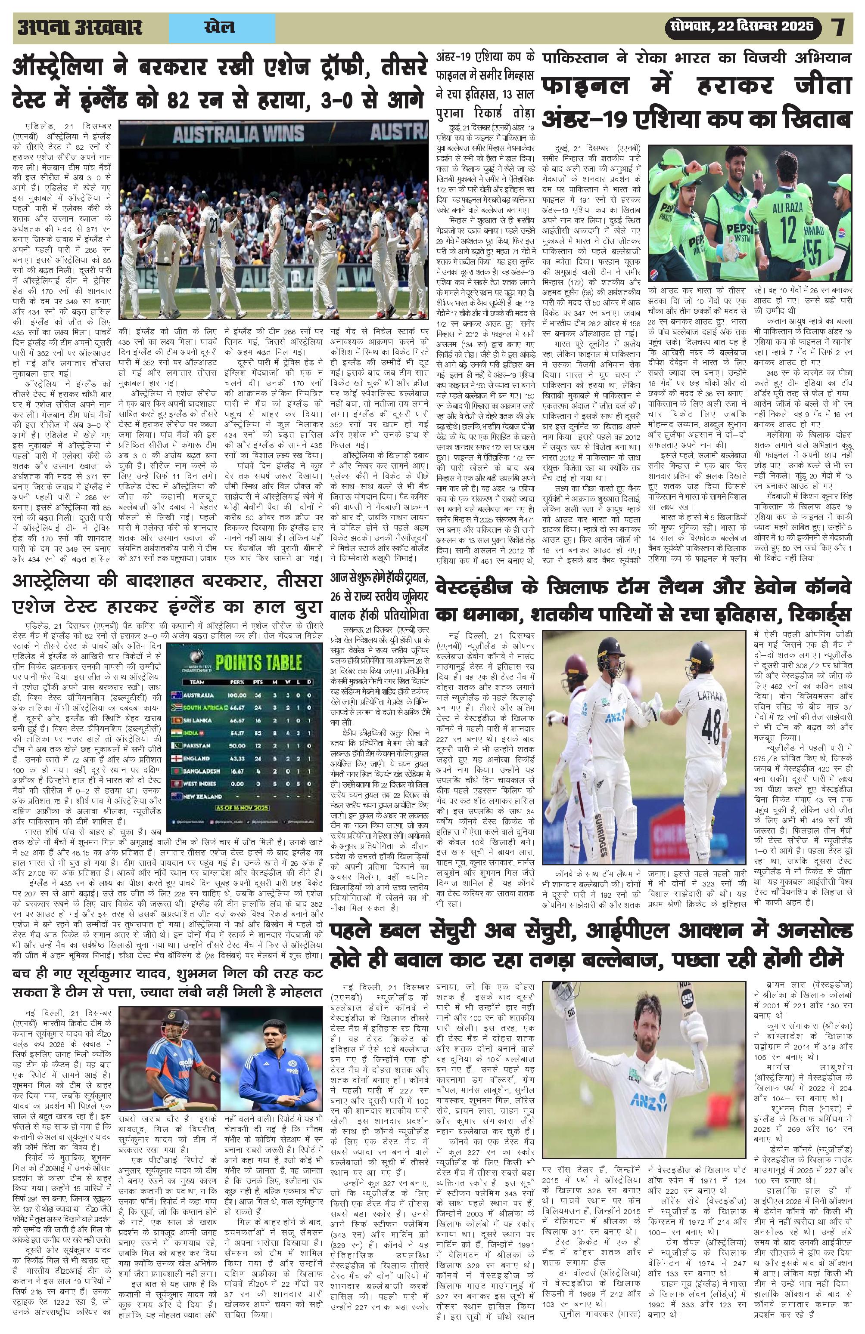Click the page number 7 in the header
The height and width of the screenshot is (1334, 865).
click(x=839, y=27)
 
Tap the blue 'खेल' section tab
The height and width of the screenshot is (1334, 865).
click(x=221, y=28)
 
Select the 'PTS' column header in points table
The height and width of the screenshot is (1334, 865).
click(x=258, y=682)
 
